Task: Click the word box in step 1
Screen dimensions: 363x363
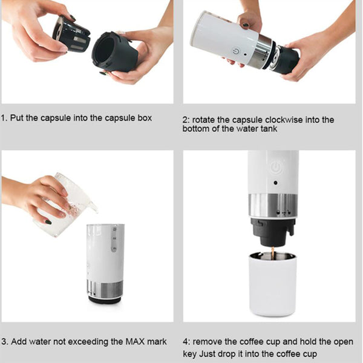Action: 143,117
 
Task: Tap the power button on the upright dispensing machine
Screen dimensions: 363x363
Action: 275,168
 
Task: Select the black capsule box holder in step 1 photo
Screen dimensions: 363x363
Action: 116,53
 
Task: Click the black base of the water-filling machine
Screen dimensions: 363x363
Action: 105,299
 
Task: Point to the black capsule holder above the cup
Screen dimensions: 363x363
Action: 273,231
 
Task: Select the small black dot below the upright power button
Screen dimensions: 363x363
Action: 275,183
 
